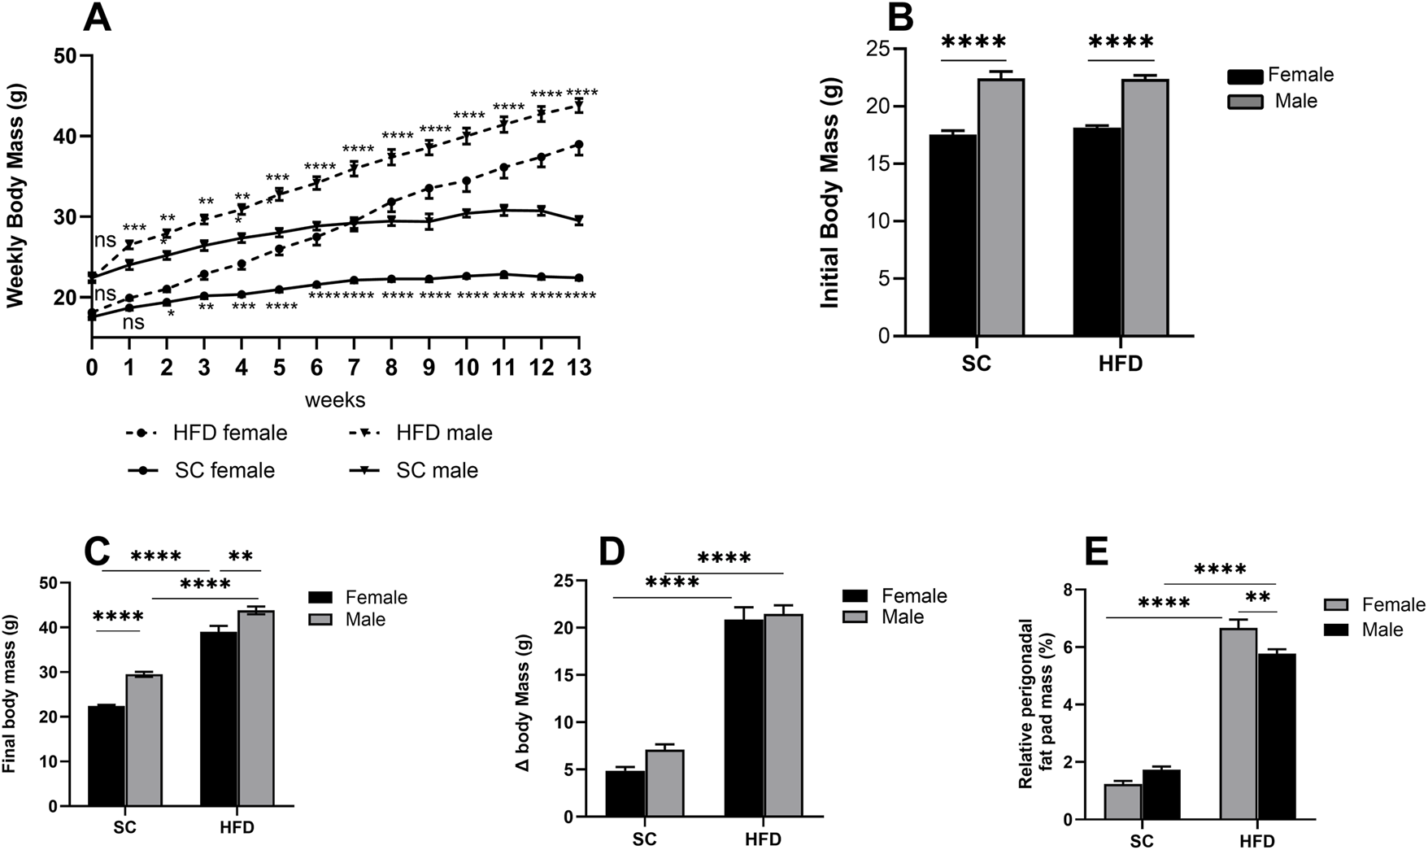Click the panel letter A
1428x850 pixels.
tap(97, 18)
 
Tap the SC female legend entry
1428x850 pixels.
tap(202, 470)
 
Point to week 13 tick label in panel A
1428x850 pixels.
tap(578, 368)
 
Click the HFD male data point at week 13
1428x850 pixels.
tap(578, 107)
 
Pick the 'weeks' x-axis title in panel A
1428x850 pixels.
tap(335, 400)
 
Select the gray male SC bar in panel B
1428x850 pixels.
tap(1000, 207)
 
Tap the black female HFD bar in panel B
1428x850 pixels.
tap(1097, 232)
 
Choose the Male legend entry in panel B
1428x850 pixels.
tap(1273, 101)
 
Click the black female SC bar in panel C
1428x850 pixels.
tap(107, 756)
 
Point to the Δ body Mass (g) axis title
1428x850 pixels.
tap(544, 700)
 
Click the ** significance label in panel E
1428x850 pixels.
tap(1257, 599)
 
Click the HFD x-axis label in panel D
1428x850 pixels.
tap(762, 839)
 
